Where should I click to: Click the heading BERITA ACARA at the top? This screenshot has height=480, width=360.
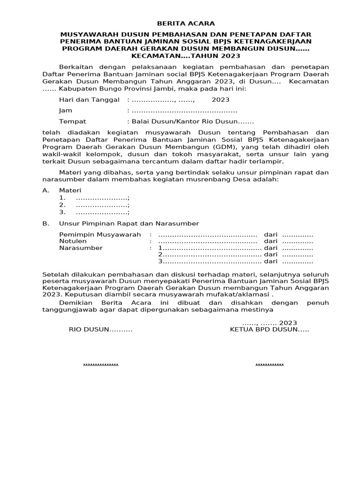tap(186, 23)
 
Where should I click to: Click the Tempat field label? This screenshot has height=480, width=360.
tap(72, 121)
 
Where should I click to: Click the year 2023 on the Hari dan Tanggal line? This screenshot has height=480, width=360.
tap(220, 100)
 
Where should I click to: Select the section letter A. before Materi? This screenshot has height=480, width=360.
tap(45, 190)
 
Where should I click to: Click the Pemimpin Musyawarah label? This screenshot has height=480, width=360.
tap(100, 234)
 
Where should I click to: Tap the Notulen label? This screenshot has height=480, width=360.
tap(73, 241)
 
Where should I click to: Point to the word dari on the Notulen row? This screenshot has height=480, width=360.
tap(270, 241)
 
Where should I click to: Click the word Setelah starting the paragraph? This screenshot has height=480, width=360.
tap(55, 274)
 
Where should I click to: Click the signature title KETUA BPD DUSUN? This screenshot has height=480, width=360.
tap(269, 330)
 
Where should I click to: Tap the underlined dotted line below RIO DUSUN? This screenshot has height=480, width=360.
tap(100, 364)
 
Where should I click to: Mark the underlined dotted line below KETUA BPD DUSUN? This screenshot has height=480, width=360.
tap(269, 364)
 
